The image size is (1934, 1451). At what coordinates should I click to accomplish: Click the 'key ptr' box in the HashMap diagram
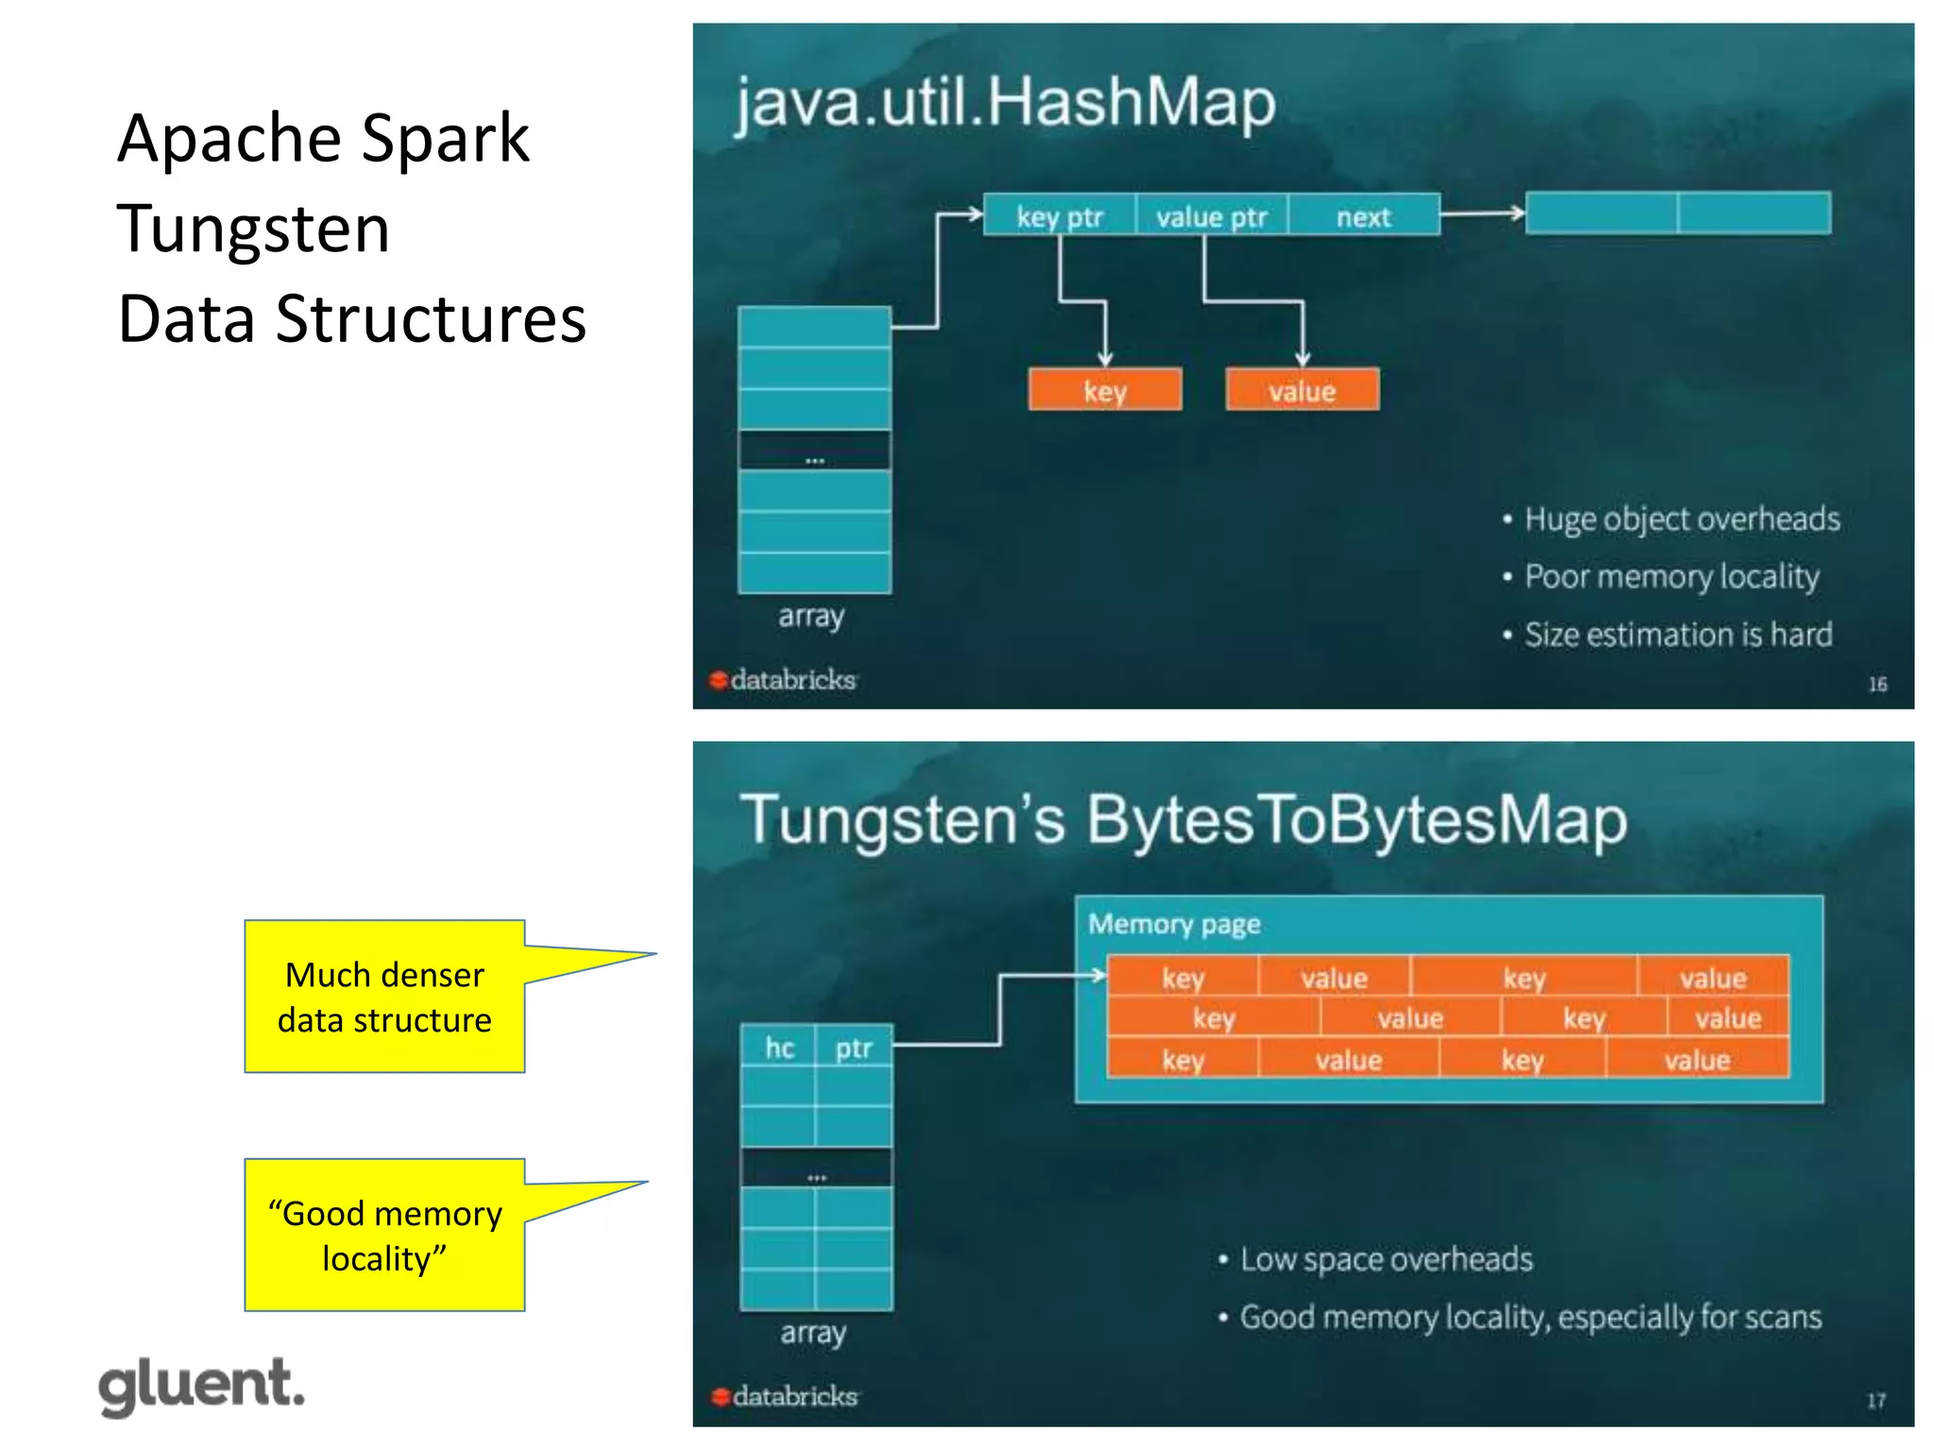coord(1059,216)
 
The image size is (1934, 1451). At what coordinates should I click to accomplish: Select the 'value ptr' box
coord(1211,216)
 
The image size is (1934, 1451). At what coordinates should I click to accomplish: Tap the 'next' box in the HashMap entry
coord(1364,216)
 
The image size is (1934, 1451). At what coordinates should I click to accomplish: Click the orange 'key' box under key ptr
coord(1104,390)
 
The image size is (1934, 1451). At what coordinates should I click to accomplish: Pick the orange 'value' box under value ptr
coord(1301,390)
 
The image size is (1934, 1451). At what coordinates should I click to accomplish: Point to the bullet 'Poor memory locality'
coord(1671,576)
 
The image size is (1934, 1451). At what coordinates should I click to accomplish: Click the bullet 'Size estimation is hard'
coord(1677,634)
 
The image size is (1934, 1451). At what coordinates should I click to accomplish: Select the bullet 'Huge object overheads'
coord(1681,519)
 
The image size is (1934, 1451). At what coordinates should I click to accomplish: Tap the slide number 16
coord(1877,684)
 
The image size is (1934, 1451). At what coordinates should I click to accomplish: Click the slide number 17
coord(1875,1401)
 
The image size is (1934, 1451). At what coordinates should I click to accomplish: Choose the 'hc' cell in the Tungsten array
coord(778,1048)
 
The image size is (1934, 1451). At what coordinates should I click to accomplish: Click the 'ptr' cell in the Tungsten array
coord(853,1048)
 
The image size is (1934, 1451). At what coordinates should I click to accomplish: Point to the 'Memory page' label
coord(1174,923)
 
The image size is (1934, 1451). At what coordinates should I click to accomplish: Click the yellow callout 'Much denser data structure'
coord(384,997)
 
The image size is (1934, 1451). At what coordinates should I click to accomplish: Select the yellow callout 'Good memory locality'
coord(384,1235)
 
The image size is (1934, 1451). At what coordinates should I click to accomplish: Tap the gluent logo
coord(201,1386)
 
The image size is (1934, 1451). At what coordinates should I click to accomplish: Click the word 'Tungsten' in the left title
coord(253,229)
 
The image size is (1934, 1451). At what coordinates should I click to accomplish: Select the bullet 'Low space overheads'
coord(1385,1259)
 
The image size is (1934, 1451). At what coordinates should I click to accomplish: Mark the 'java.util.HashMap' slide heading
coord(1005,102)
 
